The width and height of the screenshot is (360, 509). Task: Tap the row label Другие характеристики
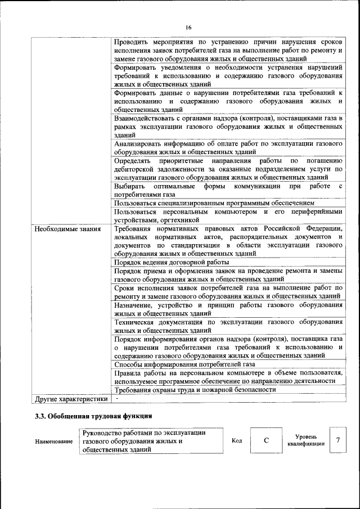(71, 399)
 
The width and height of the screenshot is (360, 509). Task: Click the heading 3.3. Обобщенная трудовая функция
(93, 417)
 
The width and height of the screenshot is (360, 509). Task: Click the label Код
(237, 440)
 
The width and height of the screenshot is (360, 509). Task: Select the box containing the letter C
(266, 440)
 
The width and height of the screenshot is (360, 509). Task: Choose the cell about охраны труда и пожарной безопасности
(195, 389)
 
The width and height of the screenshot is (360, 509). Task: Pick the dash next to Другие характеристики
(116, 398)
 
